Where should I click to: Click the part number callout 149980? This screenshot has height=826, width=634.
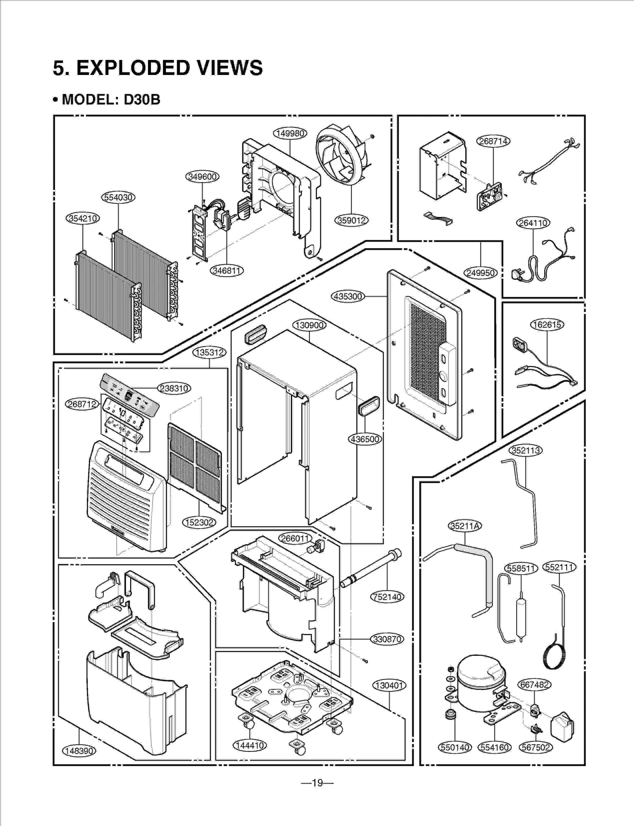(x=290, y=133)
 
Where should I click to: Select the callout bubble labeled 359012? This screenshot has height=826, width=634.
(x=351, y=220)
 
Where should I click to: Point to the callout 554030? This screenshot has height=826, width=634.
(x=118, y=197)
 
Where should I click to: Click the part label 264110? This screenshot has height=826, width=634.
(x=533, y=223)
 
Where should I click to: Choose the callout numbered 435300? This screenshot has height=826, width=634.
(x=348, y=296)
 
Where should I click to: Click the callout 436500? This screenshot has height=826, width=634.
(x=365, y=439)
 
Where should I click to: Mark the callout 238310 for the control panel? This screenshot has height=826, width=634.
(x=174, y=388)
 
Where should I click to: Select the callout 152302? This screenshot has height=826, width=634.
(x=199, y=523)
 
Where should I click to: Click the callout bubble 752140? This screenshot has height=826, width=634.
(x=387, y=597)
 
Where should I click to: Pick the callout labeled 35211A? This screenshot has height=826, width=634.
(x=465, y=526)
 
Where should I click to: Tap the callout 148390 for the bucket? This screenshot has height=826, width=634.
(x=79, y=751)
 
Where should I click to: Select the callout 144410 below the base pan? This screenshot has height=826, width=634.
(x=249, y=746)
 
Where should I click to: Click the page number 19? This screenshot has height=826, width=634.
(x=317, y=783)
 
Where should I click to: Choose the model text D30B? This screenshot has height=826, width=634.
(x=142, y=99)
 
